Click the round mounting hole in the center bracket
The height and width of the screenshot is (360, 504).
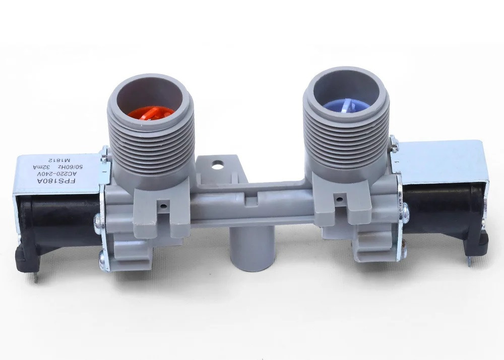(x=217, y=164)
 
